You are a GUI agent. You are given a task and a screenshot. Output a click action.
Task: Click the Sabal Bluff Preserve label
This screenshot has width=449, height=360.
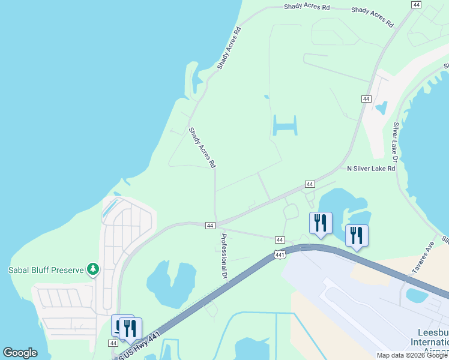46,270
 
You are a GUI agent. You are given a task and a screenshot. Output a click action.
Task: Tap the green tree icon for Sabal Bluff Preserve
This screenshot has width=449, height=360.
92,269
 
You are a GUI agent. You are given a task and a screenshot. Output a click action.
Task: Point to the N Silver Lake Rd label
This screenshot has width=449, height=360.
371,169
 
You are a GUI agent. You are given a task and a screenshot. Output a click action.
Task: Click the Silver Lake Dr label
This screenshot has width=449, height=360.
396,142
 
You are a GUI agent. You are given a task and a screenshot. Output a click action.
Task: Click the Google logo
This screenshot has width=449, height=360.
20,353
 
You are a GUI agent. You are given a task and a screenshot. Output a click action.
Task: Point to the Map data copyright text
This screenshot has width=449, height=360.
412,355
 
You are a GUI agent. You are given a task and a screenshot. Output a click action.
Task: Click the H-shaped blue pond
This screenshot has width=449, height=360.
284,125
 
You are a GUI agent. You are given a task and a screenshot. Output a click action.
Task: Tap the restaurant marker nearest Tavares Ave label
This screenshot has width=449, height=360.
357,235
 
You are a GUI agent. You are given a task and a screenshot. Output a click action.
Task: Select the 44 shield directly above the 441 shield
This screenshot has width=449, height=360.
279,240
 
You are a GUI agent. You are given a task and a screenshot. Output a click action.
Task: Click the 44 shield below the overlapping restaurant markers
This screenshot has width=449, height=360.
113,343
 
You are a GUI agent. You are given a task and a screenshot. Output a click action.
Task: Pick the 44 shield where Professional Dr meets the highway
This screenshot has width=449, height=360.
209,225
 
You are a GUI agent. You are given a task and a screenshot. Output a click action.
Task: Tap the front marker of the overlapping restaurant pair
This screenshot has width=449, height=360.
130,329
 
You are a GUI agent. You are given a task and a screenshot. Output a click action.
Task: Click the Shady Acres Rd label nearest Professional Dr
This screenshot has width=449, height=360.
202,147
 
